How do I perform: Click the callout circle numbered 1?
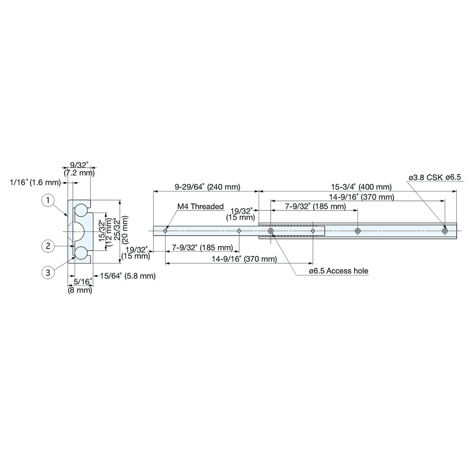pos(47,201)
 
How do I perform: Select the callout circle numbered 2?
pos(47,246)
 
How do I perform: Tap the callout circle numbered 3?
pos(47,272)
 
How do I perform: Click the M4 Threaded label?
pos(200,207)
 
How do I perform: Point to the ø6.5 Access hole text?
pos(338,271)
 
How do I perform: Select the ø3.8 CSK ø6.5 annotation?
pos(435,177)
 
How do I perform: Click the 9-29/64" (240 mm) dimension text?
pos(207,187)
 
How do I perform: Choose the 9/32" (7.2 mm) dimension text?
pos(79,169)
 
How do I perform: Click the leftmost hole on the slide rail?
pos(165,231)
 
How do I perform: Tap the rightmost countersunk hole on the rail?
pos(445,231)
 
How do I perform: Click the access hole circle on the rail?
pos(271,231)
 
